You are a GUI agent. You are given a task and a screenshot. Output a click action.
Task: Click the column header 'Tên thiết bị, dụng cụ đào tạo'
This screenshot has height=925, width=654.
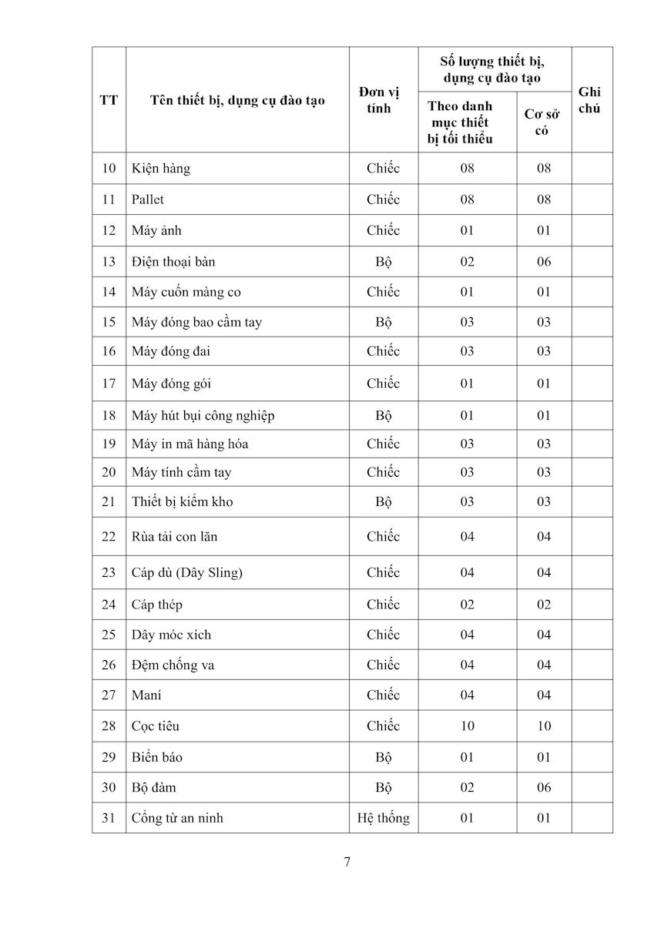click(237, 100)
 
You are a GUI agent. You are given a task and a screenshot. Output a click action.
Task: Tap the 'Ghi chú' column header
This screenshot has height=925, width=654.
click(589, 100)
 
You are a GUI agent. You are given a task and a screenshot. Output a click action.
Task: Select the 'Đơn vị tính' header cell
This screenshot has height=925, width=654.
click(379, 100)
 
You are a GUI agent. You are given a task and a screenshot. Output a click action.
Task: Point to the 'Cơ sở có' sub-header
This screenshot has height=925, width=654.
click(542, 122)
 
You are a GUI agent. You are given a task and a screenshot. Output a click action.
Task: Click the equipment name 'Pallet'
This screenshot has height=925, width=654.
click(148, 199)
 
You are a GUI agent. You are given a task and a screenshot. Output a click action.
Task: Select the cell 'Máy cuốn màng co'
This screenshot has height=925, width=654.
click(186, 292)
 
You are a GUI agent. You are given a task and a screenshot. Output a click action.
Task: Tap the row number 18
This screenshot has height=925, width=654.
click(109, 416)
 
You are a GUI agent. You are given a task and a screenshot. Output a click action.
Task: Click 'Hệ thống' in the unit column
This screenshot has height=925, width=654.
click(383, 818)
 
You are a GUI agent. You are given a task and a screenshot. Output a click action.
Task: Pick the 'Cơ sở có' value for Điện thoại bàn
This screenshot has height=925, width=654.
click(544, 262)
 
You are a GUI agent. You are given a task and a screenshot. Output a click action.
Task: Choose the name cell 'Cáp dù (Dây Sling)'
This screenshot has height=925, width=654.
click(188, 572)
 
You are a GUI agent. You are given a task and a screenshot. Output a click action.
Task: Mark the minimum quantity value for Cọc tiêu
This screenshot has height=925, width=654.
click(467, 726)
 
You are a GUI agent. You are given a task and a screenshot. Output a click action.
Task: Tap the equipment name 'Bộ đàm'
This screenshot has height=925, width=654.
click(154, 788)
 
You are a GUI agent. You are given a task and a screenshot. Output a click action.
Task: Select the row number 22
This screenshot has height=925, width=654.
click(109, 537)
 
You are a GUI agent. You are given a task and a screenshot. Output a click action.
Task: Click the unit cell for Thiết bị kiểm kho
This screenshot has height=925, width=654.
click(383, 502)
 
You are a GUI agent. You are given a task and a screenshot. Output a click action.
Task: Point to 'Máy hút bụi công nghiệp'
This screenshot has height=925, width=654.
click(203, 416)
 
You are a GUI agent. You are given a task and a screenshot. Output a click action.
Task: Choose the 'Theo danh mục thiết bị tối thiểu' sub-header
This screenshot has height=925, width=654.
click(460, 122)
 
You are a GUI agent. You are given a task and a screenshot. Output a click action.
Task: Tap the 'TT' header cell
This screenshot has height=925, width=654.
click(109, 100)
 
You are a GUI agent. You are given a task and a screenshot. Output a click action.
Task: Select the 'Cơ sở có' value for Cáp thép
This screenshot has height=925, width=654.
click(544, 605)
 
